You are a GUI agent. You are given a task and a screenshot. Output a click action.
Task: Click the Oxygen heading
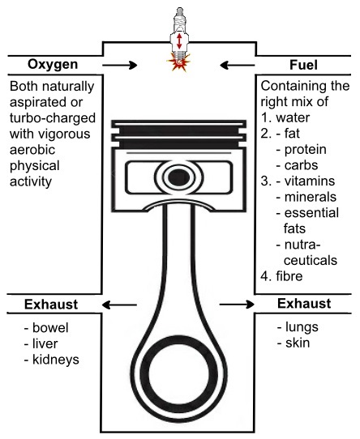[x=53, y=65]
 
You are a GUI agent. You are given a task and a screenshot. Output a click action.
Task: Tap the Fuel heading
[x=303, y=65]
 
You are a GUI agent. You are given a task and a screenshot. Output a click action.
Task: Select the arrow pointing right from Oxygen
[x=120, y=66]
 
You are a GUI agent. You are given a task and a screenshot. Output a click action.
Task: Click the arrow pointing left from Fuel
[x=238, y=66]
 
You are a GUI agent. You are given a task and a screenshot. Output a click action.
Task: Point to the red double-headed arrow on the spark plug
[x=179, y=41]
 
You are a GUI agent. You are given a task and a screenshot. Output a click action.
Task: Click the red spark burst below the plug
[x=178, y=63]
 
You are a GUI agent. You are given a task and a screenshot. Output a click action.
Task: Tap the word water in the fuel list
[x=293, y=117]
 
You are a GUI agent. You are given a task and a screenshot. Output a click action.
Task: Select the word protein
[x=306, y=150]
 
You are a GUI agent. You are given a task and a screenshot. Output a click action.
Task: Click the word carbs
[x=301, y=165]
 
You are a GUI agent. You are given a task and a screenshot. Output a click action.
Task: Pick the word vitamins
[x=310, y=181]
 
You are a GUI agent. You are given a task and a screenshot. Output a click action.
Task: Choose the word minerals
[x=311, y=197]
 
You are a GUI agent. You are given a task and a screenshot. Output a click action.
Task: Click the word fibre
[x=289, y=276]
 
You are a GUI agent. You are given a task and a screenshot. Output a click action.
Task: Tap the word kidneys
[x=56, y=360]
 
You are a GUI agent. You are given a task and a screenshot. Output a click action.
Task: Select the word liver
[x=45, y=343]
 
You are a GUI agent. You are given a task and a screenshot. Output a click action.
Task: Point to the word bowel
[x=50, y=327]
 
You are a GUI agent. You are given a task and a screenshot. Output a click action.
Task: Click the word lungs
[x=302, y=327]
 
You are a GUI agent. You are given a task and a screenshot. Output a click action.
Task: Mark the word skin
[x=298, y=343]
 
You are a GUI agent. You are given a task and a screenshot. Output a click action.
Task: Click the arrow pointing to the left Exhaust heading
[x=119, y=305]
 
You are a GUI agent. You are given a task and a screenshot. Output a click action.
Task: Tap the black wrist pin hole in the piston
[x=178, y=177]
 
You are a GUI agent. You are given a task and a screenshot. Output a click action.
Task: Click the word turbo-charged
[x=53, y=118]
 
